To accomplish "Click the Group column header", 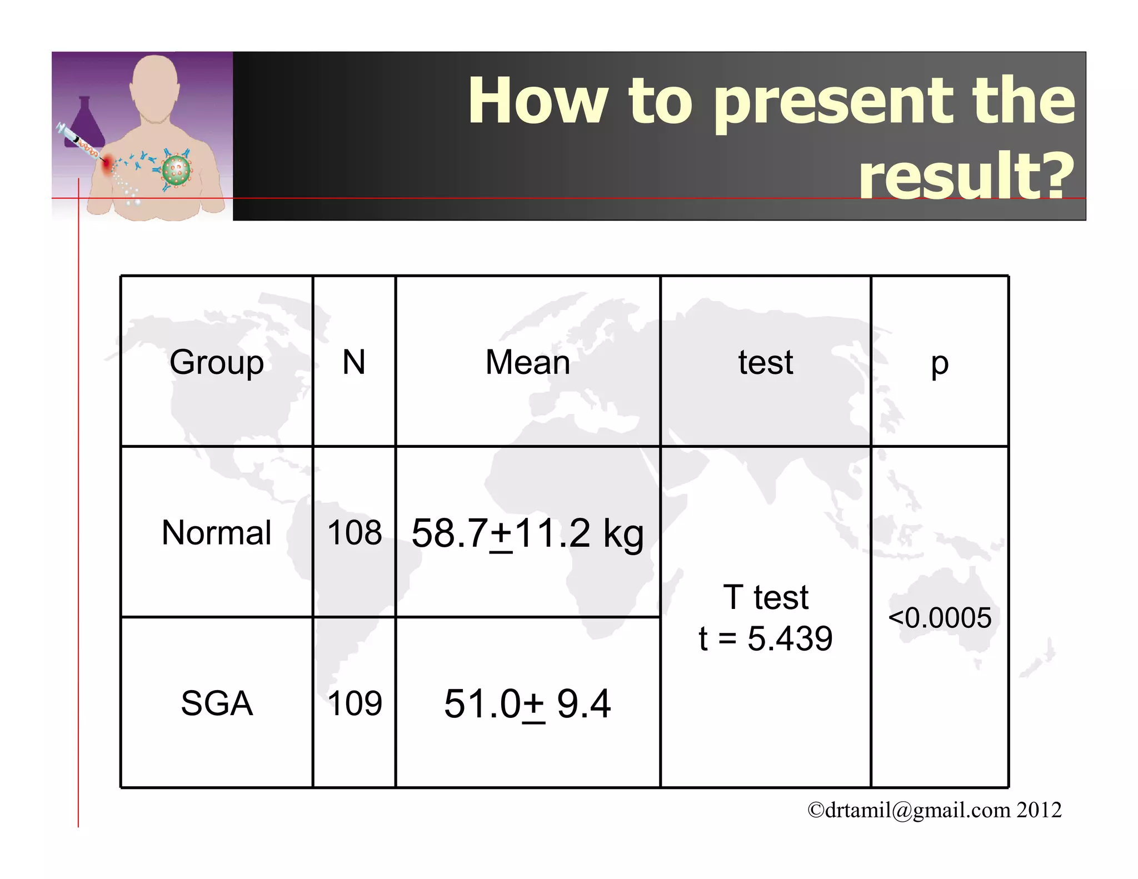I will click(x=217, y=363).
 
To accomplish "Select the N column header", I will click(x=354, y=363).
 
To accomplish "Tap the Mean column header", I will click(x=528, y=363).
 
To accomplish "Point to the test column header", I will click(x=766, y=363).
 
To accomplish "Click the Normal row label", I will click(x=217, y=532).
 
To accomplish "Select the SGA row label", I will click(x=217, y=703).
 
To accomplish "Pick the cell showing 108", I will click(x=355, y=532).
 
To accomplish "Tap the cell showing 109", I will click(x=355, y=703).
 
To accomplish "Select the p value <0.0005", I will click(x=940, y=618).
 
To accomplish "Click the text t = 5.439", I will click(x=766, y=638).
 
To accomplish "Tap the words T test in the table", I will click(x=766, y=597).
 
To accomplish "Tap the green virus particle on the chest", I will click(x=176, y=170).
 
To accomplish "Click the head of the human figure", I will click(x=154, y=86).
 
